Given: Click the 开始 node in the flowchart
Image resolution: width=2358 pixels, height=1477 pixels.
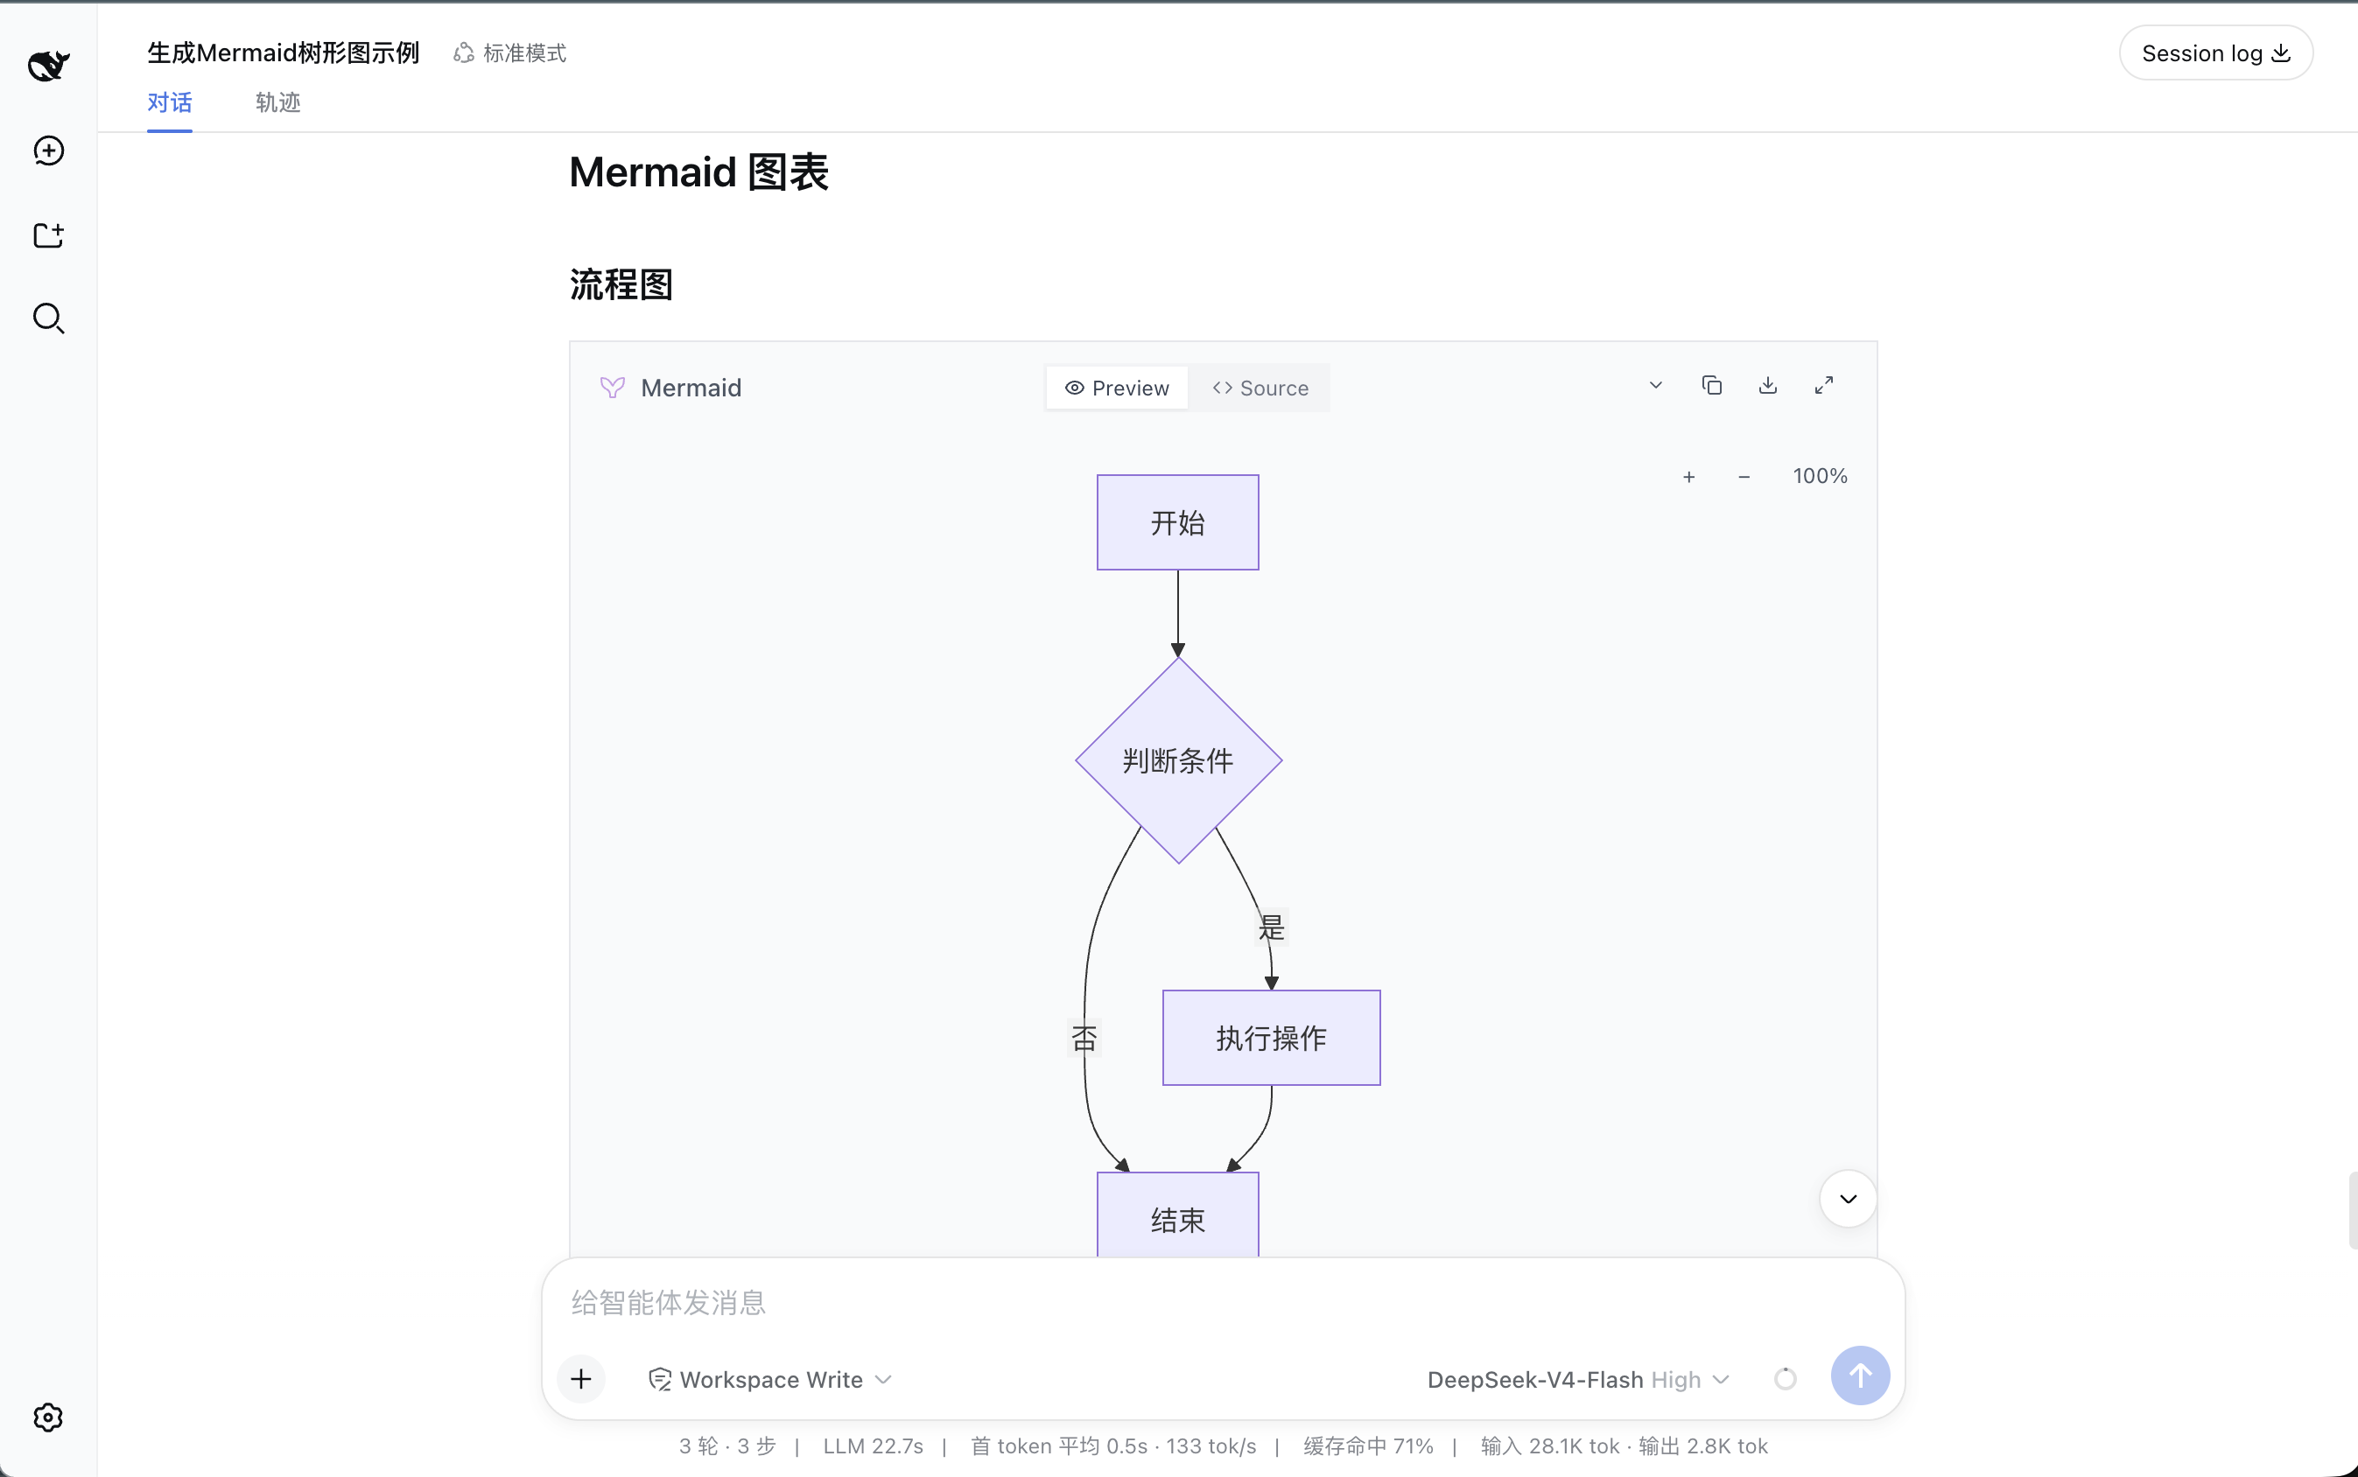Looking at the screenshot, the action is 1177,522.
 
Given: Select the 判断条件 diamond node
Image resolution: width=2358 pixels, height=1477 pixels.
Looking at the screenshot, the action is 1178,760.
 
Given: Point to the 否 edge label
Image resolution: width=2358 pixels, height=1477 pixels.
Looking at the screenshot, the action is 1084,1038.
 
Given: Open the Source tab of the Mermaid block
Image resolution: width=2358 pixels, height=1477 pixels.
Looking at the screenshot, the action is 1260,388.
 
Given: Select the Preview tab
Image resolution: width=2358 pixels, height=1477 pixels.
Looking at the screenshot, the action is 1117,388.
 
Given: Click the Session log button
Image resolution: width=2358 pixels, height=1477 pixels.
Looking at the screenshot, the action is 2215,52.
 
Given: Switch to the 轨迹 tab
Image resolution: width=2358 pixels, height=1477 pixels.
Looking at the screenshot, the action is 277,102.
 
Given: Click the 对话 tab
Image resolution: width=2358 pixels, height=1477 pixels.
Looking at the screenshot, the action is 169,102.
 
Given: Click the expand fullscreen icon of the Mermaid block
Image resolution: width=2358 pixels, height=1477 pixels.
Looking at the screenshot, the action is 1823,386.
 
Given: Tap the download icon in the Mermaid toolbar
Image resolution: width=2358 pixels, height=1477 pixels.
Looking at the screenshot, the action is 1768,386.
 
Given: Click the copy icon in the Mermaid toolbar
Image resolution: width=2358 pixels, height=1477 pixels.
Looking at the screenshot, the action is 1712,386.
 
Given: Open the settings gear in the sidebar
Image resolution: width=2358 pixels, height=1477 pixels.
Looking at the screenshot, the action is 48,1417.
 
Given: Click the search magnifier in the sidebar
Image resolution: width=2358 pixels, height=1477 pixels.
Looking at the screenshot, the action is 48,318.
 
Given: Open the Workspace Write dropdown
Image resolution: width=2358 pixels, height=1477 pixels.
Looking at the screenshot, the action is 770,1379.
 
